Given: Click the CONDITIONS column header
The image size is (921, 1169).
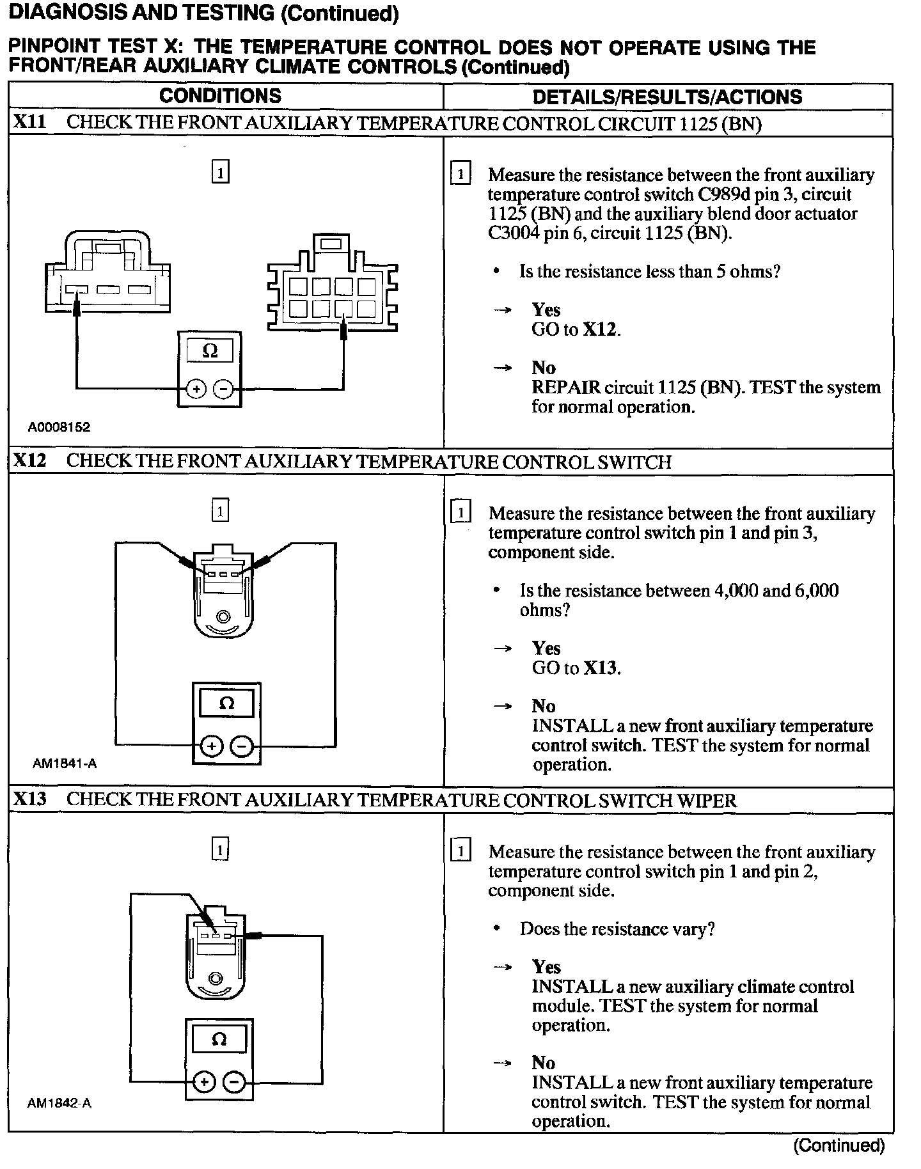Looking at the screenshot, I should coord(220,96).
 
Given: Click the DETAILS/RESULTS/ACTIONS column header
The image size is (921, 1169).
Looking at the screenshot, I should coord(667,97).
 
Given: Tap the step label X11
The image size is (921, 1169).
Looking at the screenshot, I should coord(29,122).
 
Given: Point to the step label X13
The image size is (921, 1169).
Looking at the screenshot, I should coord(29,799).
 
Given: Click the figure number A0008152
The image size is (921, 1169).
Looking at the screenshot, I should coord(59,427).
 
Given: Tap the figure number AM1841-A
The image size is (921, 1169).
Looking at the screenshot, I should coord(65,764).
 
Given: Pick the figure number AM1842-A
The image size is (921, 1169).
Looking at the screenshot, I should coord(59,1103).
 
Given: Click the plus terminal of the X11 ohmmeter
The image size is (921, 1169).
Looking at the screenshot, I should coord(196,389).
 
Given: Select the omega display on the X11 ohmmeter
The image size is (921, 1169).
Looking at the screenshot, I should coord(209,351).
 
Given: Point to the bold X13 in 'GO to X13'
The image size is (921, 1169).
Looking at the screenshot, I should coord(601,668).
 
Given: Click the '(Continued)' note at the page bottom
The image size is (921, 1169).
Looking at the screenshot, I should coord(839,1146).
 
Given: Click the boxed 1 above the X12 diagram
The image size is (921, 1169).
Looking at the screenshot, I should coord(220,511).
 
